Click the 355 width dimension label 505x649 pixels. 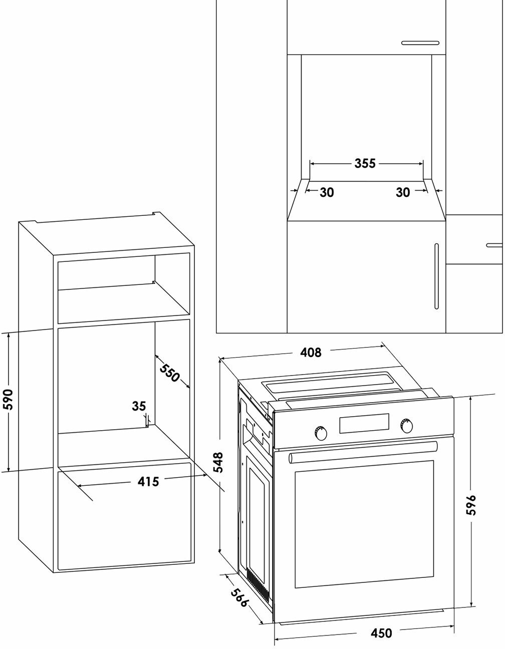[x=365, y=163]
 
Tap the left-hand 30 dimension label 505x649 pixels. [x=327, y=193]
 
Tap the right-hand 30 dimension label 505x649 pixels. [x=403, y=193]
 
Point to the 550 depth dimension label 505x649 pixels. [x=170, y=373]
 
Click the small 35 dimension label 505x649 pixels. [x=139, y=406]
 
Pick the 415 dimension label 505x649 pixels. [x=148, y=481]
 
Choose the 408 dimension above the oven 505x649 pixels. [x=311, y=353]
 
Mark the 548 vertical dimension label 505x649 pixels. [x=219, y=463]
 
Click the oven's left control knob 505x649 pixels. [x=320, y=433]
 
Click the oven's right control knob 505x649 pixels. [x=407, y=426]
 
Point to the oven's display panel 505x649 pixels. [x=364, y=423]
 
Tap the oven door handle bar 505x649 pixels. [x=363, y=452]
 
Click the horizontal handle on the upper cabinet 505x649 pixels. [x=420, y=43]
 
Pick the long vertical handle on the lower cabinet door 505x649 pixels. [x=436, y=276]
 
